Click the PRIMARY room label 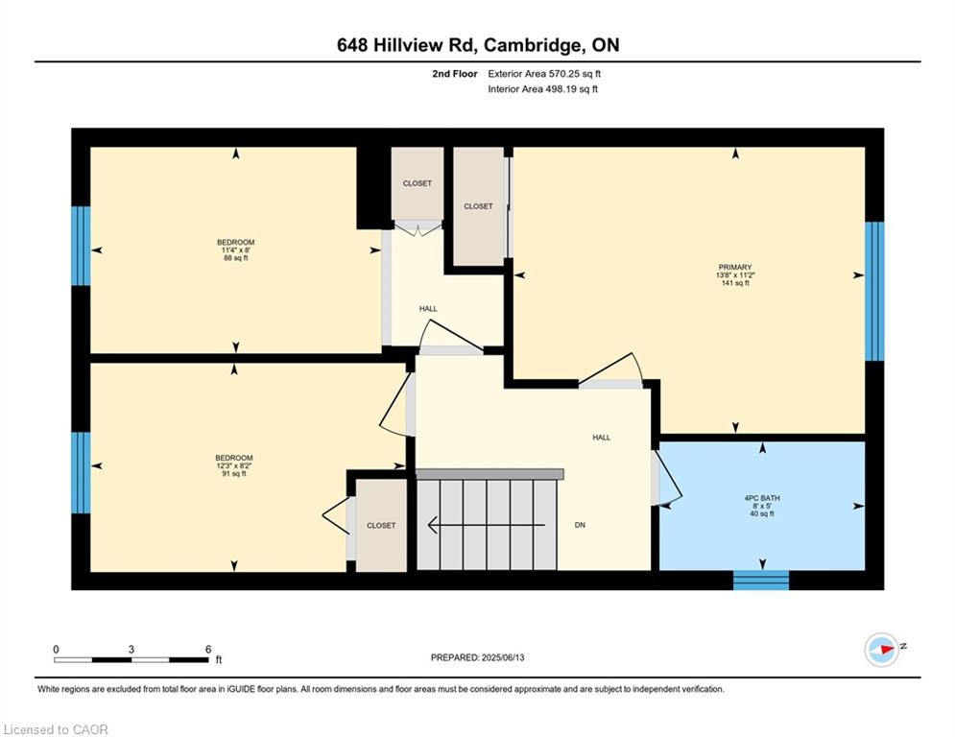(x=735, y=267)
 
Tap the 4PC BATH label (x=762, y=498)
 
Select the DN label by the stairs (x=580, y=524)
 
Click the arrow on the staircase (x=487, y=524)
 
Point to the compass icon (x=882, y=650)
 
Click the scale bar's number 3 (x=131, y=650)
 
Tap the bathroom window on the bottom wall (x=761, y=581)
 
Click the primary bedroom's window (x=874, y=291)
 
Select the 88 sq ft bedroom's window (x=81, y=246)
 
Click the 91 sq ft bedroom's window (x=81, y=473)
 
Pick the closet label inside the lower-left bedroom (x=381, y=525)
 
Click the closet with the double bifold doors (x=418, y=183)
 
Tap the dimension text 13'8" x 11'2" (x=735, y=274)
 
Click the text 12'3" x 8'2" (x=234, y=465)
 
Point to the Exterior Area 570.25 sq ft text (x=544, y=74)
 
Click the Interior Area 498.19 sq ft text (x=542, y=89)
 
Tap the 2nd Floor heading (x=455, y=74)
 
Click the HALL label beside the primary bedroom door (x=601, y=438)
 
